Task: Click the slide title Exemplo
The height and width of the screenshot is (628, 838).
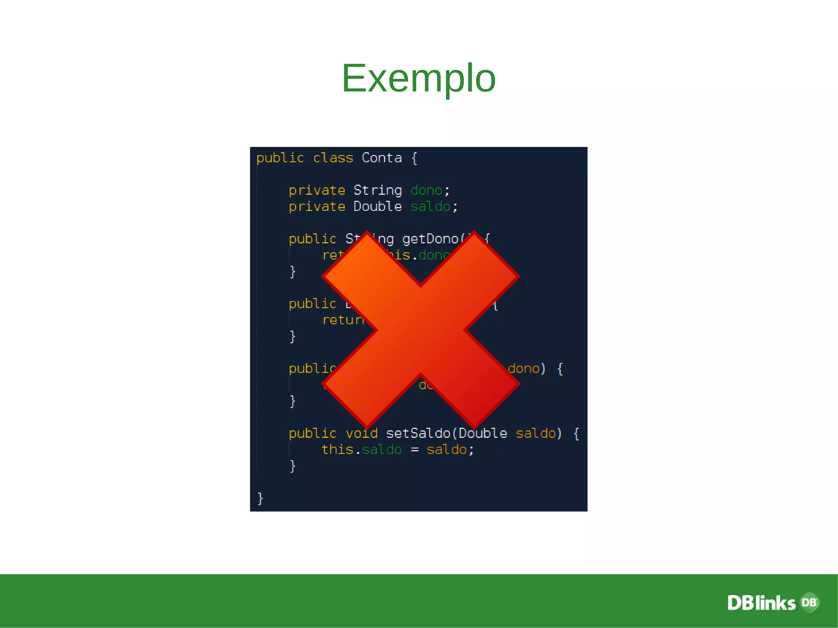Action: (419, 78)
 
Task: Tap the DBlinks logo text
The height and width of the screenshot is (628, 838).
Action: (761, 603)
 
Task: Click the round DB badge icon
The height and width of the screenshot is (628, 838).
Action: (809, 602)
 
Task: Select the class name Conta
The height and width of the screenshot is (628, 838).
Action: (382, 158)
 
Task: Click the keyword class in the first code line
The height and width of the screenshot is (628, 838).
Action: (333, 158)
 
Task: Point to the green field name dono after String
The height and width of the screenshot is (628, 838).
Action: (426, 190)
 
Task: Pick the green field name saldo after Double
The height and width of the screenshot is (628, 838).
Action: (430, 207)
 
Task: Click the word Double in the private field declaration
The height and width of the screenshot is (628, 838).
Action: (377, 207)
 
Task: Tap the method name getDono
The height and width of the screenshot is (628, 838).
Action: (430, 239)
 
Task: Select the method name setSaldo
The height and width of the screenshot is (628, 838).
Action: (418, 433)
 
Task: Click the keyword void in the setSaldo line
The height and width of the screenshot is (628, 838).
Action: (361, 433)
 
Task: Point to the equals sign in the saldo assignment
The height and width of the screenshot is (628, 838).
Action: (414, 450)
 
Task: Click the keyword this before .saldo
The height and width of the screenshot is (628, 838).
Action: (337, 450)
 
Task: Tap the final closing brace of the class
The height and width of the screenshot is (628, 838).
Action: (260, 498)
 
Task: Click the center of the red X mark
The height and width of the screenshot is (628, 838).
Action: (421, 330)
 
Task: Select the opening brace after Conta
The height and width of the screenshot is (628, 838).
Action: (414, 158)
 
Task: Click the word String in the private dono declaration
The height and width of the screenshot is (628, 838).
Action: (377, 190)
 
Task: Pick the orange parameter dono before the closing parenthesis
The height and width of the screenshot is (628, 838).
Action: (523, 369)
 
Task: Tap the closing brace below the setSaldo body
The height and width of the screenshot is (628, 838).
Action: (293, 466)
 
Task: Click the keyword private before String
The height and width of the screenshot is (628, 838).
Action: (317, 190)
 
